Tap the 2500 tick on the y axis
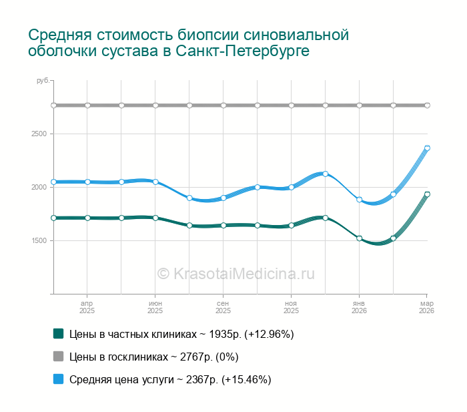coord(39,134)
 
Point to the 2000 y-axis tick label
coord(39,188)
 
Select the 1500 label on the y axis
coord(39,241)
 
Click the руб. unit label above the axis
coord(43,81)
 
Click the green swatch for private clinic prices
coord(58,333)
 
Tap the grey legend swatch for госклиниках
coord(58,356)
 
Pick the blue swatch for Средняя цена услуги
coord(58,379)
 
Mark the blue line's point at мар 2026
coord(427,148)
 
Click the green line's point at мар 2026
coord(427,194)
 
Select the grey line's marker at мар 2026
coord(427,105)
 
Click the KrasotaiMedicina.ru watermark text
coord(236,273)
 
